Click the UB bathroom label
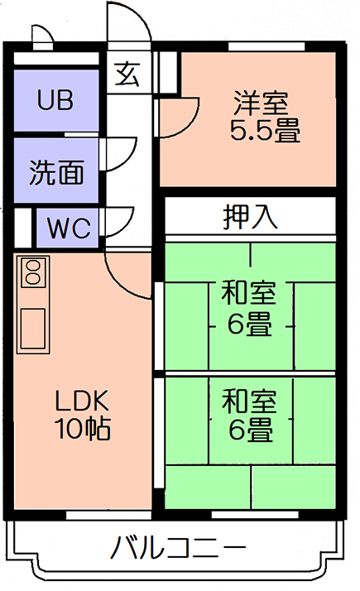(x=55, y=100)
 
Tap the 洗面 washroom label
(x=56, y=172)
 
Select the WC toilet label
(x=69, y=228)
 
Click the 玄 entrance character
(x=127, y=74)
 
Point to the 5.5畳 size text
(x=265, y=130)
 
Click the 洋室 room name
(x=261, y=103)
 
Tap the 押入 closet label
(x=250, y=217)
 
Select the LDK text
(x=81, y=401)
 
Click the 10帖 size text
(x=83, y=428)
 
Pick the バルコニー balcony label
(x=178, y=548)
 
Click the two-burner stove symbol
(x=34, y=271)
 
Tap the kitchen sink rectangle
(x=33, y=329)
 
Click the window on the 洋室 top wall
(x=266, y=46)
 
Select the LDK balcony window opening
(x=108, y=515)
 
